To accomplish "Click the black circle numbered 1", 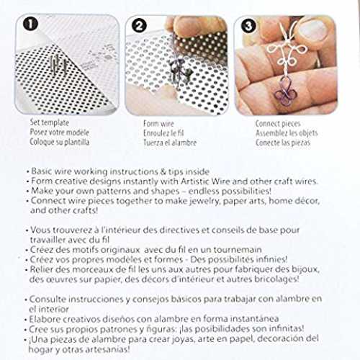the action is (x=30, y=24).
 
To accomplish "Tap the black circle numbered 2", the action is (x=140, y=26).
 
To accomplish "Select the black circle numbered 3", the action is (x=248, y=26).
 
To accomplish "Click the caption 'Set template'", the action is (x=50, y=122).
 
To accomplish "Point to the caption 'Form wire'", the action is (x=158, y=124).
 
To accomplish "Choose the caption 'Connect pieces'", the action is (x=278, y=124).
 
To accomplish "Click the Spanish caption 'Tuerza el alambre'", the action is (x=170, y=143).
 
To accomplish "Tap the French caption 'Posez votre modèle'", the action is (x=59, y=132).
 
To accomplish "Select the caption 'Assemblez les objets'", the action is (x=287, y=133).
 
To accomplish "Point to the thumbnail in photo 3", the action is (x=312, y=30).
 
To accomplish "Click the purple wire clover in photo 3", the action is (x=286, y=93).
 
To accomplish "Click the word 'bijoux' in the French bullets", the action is (x=305, y=269).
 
